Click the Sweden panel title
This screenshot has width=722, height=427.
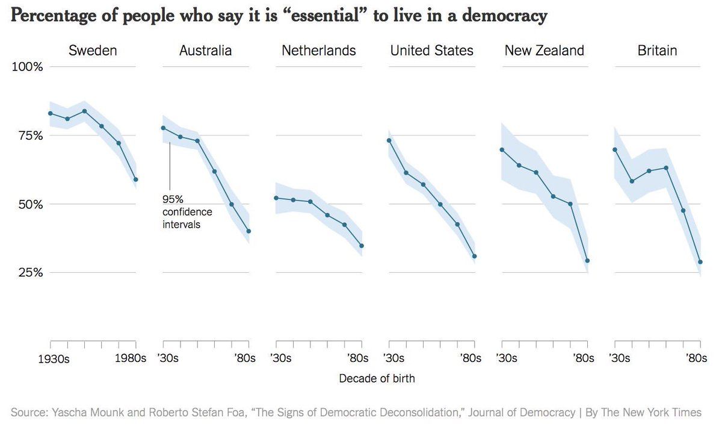93,51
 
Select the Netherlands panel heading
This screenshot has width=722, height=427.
319,51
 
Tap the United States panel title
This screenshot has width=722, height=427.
432,51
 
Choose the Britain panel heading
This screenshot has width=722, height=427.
657,51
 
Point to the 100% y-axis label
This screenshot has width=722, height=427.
28,67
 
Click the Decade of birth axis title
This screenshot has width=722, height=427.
377,379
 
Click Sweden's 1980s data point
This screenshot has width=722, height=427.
136,179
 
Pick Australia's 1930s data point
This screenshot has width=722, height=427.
163,128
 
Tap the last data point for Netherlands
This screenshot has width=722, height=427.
362,246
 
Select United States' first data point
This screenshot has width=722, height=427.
389,140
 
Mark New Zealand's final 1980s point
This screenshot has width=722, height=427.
587,261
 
